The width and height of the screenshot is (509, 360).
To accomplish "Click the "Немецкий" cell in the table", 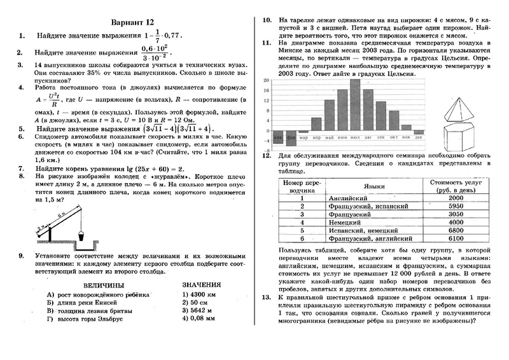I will [x=346, y=223].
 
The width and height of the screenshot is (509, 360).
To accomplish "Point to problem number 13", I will [x=267, y=298].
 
